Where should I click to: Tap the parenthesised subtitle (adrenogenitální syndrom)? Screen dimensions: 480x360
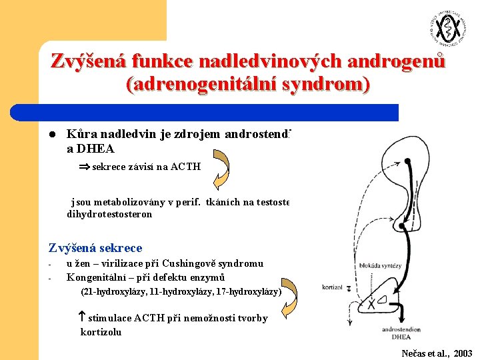point(247,85)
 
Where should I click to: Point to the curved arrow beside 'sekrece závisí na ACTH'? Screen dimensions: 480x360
point(222,169)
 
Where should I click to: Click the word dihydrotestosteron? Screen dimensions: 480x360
point(109,214)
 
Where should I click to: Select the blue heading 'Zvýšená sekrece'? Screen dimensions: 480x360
point(95,247)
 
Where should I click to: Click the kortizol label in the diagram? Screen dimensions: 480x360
point(331,287)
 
